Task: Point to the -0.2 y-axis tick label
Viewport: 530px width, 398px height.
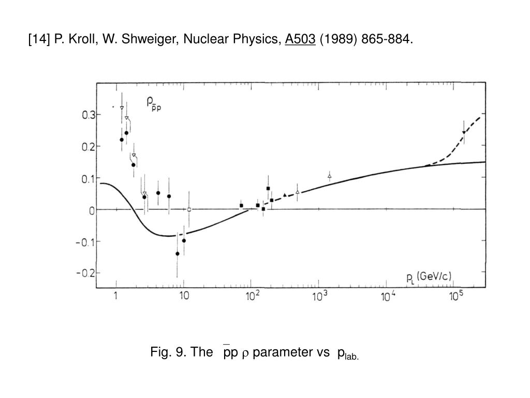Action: point(84,273)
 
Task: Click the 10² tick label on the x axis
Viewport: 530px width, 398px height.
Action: point(252,295)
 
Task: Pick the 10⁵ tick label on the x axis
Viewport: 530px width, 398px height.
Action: point(456,295)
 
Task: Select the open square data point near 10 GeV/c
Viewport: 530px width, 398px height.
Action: point(189,209)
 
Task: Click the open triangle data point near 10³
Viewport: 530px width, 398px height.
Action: point(330,176)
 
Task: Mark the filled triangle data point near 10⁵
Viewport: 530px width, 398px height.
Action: point(464,133)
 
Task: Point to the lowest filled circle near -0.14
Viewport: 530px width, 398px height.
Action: point(178,253)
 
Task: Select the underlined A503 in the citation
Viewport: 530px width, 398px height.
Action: point(300,39)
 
